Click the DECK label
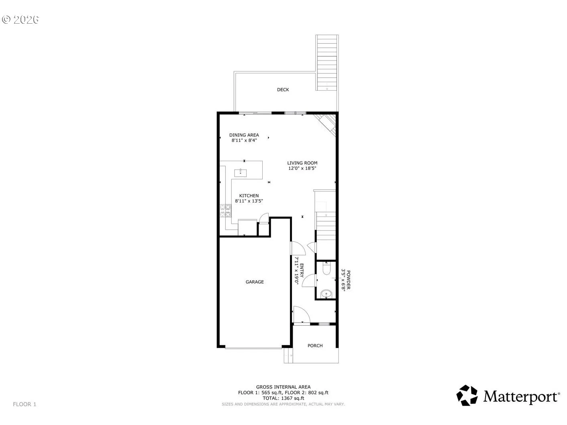point(283,89)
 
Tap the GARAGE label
point(255,282)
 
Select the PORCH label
point(315,346)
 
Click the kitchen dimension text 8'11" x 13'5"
point(249,201)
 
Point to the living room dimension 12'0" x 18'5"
point(302,168)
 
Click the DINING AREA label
point(244,135)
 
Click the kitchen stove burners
point(225,210)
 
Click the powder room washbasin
point(326,294)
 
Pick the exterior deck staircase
point(327,63)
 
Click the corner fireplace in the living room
point(326,125)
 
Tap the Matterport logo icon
point(467,395)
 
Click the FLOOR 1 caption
point(24,404)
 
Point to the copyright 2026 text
point(20,20)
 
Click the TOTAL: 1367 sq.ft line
point(283,398)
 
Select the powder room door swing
point(309,280)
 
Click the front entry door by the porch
point(302,314)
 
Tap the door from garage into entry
point(298,248)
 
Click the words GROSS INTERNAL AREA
point(283,387)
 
